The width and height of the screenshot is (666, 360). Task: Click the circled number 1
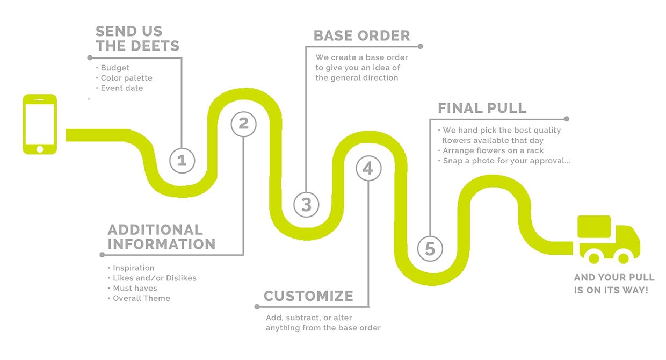pos(182,160)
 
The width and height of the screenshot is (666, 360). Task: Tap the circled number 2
pos(243,124)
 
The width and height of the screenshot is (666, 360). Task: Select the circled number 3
pos(306,204)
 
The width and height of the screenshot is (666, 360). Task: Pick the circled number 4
pos(368,169)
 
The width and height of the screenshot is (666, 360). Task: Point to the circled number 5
pos(430,249)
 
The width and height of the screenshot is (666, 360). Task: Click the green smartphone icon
pos(40,124)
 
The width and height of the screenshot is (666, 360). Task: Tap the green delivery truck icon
pos(607,240)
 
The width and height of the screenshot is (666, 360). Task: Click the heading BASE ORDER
pos(361,36)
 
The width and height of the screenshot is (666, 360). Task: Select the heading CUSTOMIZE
pos(308,296)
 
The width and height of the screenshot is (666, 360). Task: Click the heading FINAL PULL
pos(482,108)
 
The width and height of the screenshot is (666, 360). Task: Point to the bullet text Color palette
pos(127,78)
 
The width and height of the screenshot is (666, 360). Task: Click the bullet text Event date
pos(122,88)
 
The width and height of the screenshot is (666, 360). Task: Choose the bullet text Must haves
pos(135,288)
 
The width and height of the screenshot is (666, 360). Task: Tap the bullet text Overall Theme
pos(141,298)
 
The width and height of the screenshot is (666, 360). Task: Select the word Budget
pos(115,68)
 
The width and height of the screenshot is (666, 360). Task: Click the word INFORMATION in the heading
pos(161,244)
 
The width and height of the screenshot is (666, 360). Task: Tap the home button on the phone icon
pos(40,148)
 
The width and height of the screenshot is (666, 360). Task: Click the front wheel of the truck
pos(623,258)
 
